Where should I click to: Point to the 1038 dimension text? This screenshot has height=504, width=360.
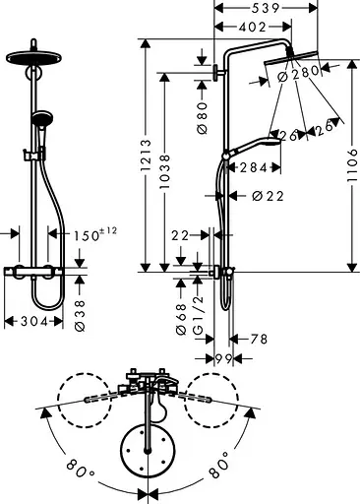pos(165,173)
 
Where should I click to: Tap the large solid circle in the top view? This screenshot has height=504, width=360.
pos(147,451)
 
